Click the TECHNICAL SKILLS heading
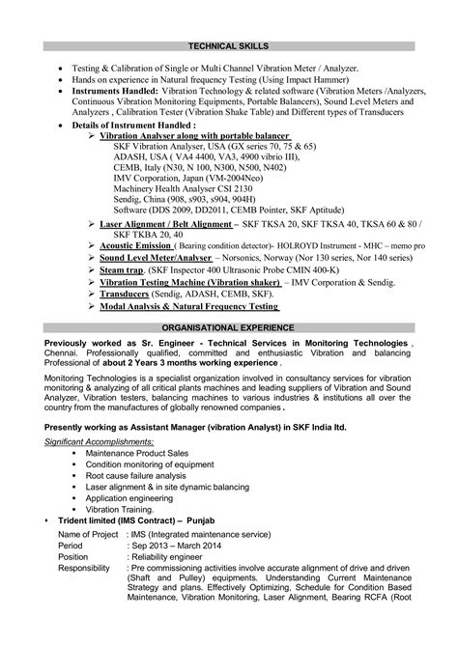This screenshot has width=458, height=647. pos(228,45)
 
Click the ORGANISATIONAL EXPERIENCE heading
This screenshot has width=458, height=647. pos(228,327)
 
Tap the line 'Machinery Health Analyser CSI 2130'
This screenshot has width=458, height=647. pos(185,188)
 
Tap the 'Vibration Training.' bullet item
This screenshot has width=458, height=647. pos(120,509)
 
